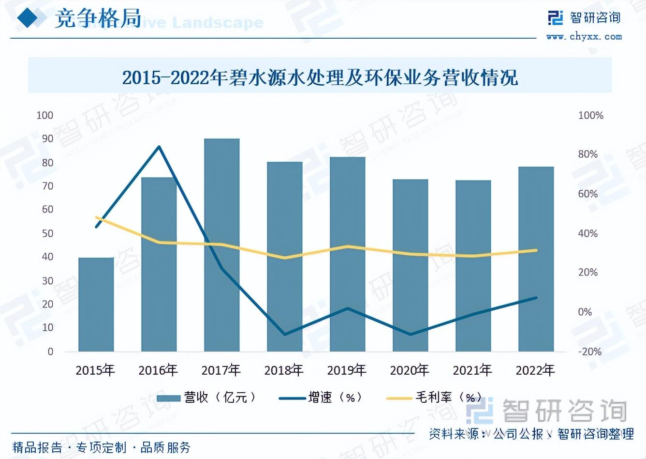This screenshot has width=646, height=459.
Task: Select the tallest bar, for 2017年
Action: (222, 245)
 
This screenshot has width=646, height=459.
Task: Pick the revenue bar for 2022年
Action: (536, 259)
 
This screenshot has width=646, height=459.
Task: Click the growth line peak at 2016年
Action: (159, 147)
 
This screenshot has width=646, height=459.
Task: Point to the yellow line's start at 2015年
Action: (97, 218)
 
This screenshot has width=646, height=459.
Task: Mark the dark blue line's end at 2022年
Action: (536, 298)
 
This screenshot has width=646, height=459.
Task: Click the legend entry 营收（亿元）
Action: (208, 398)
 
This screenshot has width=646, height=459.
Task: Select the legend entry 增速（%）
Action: (322, 398)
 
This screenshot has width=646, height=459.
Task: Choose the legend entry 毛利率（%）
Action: (435, 398)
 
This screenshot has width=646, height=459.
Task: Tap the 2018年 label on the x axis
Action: (284, 370)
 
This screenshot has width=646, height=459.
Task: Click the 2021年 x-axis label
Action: (472, 370)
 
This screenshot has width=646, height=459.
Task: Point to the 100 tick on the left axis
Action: (45, 115)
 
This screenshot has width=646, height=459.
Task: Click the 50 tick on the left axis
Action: (47, 233)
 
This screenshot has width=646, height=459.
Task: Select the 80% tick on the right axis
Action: (587, 154)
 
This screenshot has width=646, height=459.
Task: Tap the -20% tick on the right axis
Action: (589, 352)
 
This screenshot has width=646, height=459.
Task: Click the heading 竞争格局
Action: (98, 19)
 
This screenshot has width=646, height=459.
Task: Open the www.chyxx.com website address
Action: (584, 36)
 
